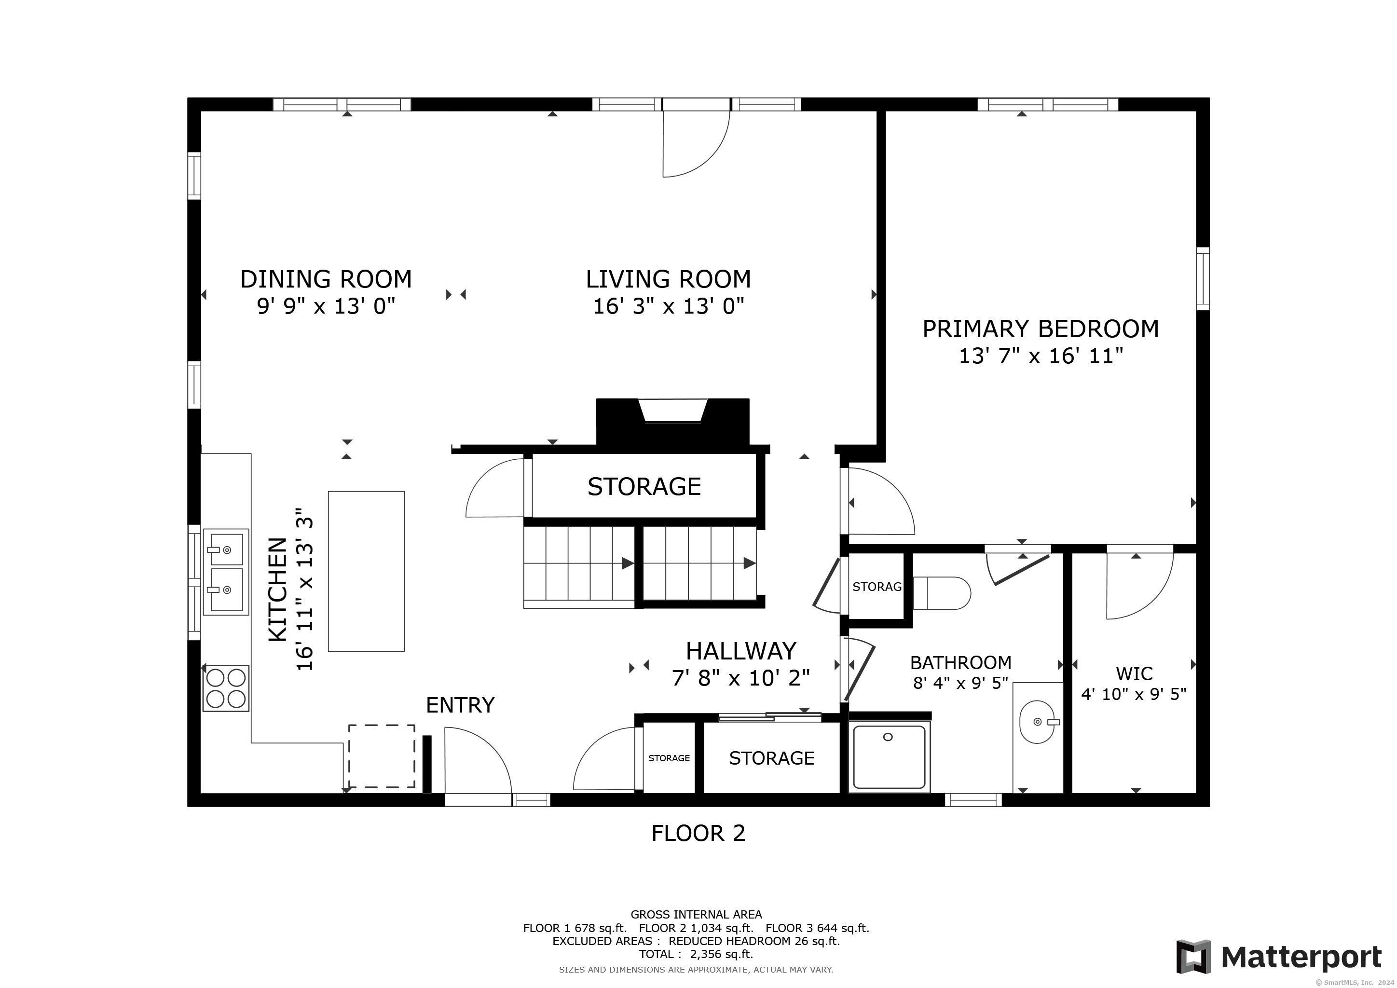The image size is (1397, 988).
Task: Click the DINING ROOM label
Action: [x=326, y=279]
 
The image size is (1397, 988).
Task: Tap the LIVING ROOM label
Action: [x=668, y=279]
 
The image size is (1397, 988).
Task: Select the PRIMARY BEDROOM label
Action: [x=1041, y=329]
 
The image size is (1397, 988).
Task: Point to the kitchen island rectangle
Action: [x=366, y=571]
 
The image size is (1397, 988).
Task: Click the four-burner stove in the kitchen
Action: [x=226, y=688]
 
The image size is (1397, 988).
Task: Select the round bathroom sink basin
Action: [x=1037, y=722]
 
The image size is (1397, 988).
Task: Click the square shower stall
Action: [x=890, y=757]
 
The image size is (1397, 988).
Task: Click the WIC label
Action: [x=1134, y=673]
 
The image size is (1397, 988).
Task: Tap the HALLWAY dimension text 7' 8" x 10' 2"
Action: [x=741, y=678]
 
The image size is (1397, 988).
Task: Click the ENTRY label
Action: [x=460, y=705]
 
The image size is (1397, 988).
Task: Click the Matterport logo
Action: [x=1279, y=957]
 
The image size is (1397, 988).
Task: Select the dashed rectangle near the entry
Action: [x=382, y=756]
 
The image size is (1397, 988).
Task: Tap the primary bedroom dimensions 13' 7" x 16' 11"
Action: [x=1041, y=355]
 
